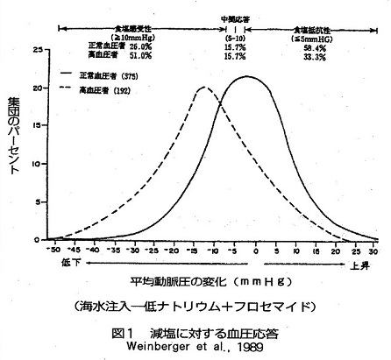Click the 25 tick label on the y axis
coord(35,52)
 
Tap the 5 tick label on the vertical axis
coord(37,201)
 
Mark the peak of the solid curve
coord(247,77)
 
